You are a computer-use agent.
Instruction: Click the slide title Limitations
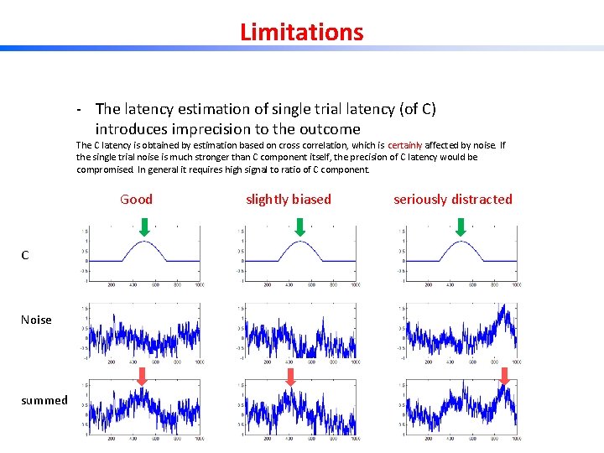click(x=301, y=32)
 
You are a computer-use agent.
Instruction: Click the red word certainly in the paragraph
click(x=407, y=145)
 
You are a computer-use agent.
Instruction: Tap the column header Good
click(x=136, y=199)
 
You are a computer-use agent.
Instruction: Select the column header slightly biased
click(x=288, y=199)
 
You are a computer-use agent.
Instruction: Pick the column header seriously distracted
click(x=452, y=199)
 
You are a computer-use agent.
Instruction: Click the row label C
click(x=25, y=255)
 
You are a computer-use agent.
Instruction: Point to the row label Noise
click(x=36, y=320)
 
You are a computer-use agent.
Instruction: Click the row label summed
click(x=44, y=400)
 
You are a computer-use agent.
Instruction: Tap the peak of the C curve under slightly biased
click(x=299, y=242)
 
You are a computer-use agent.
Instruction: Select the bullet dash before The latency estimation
click(x=78, y=109)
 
